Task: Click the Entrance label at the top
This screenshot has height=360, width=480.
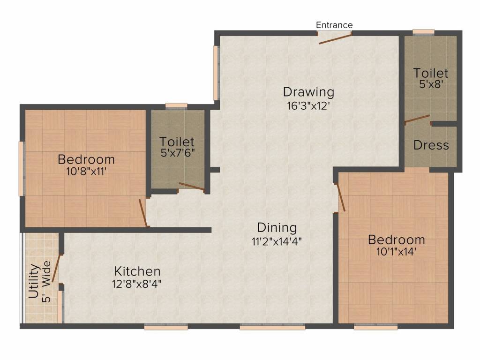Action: point(334,25)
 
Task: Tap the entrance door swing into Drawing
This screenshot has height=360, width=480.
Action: point(335,38)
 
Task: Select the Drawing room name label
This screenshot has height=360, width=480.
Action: point(308,91)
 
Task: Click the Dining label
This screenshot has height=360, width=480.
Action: point(277,228)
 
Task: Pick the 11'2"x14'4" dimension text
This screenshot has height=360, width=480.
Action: point(277,242)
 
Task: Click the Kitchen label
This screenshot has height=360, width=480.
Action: point(138,271)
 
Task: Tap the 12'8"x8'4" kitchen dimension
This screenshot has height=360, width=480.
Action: point(138,284)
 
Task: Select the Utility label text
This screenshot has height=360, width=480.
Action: point(34,281)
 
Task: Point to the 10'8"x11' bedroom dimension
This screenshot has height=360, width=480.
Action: point(86,172)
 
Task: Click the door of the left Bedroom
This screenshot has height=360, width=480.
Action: point(143,213)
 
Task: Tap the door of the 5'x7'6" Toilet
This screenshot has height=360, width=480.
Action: point(191,187)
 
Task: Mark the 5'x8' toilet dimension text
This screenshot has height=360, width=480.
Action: point(430,86)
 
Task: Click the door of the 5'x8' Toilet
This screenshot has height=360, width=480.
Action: point(417,119)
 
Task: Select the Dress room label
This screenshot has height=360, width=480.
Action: point(431,145)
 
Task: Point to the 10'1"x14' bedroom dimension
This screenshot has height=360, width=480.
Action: point(396,252)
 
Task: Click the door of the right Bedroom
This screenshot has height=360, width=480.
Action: point(341,197)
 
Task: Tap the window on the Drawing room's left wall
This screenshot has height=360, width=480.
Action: point(216,73)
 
